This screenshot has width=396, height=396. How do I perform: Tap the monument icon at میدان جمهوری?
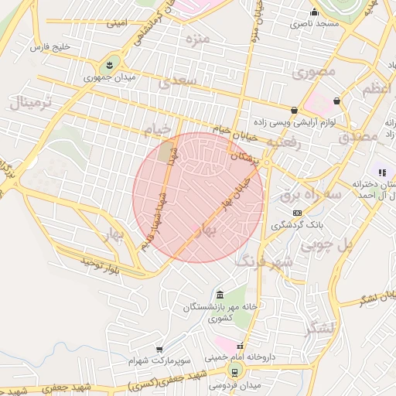[109, 63]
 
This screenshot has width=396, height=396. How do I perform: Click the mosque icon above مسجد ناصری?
[314, 12]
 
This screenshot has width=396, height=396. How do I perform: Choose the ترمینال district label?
[31, 102]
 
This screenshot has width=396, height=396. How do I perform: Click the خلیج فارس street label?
[49, 48]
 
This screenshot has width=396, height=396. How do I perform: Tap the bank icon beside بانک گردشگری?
[297, 213]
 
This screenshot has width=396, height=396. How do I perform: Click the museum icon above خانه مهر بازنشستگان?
[220, 295]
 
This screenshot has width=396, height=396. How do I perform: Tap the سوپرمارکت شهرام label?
[152, 360]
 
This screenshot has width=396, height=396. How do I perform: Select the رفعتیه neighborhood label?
[282, 144]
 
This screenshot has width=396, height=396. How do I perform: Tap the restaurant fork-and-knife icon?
[381, 172]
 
